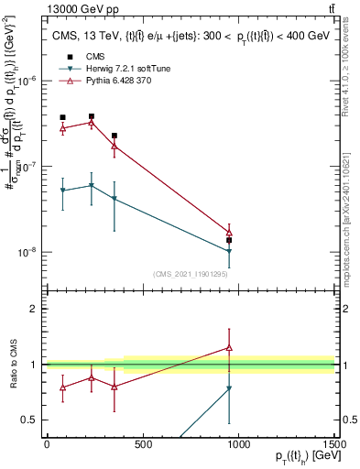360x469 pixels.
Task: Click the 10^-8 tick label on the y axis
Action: pos(31,252)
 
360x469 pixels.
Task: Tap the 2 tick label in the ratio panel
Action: pos(37,309)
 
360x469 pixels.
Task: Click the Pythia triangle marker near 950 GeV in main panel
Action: pos(229,234)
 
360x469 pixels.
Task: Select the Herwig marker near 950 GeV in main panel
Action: pos(229,251)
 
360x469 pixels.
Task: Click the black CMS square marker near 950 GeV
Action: pos(229,240)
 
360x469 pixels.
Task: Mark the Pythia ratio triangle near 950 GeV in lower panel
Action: pos(229,348)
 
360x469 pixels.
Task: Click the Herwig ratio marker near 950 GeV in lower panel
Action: pos(229,388)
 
